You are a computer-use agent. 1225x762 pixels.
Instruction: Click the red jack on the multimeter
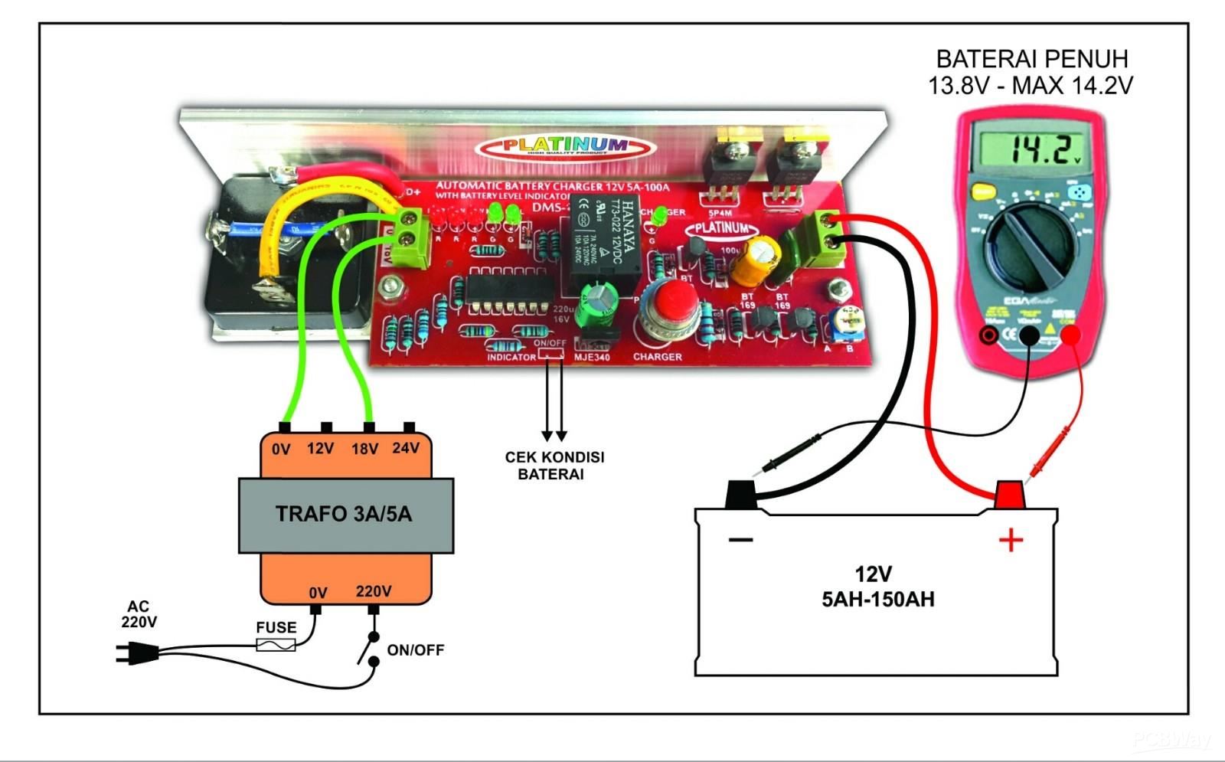pyautogui.click(x=1070, y=335)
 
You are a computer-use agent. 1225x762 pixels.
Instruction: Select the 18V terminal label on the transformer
pyautogui.click(x=364, y=449)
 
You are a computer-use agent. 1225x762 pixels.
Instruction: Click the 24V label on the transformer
pyautogui.click(x=406, y=447)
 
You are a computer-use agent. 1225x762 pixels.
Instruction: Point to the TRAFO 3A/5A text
pyautogui.click(x=344, y=513)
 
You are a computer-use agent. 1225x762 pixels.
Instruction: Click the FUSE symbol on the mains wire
pyautogui.click(x=276, y=646)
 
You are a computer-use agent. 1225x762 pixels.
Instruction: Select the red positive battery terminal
pyautogui.click(x=1010, y=495)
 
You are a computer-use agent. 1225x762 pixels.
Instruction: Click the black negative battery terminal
pyautogui.click(x=740, y=494)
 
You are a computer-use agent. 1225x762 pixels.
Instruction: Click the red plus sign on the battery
pyautogui.click(x=1011, y=541)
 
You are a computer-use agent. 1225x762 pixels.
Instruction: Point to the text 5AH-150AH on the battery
pyautogui.click(x=877, y=599)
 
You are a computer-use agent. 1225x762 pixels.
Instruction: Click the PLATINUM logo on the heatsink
pyautogui.click(x=565, y=146)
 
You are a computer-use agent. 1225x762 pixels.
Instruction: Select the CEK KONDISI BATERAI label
pyautogui.click(x=554, y=465)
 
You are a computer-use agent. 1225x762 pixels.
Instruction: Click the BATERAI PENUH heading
pyautogui.click(x=1031, y=59)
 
